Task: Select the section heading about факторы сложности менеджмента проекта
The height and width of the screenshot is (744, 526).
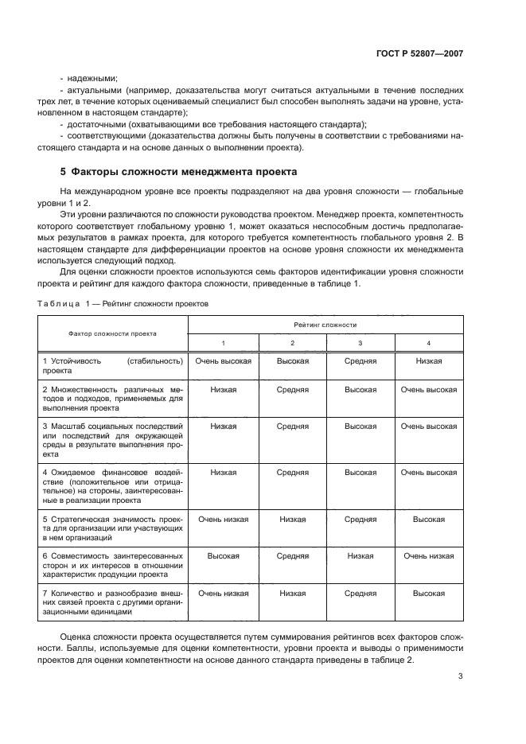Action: point(178,171)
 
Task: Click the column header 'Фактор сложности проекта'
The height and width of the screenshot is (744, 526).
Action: point(112,333)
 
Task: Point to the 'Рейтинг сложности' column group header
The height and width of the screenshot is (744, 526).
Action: point(325,325)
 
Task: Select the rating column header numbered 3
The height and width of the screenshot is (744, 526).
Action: point(360,343)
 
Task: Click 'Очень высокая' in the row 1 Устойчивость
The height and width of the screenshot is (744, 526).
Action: point(223,361)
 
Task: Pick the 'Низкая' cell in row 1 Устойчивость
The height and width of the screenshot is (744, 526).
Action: point(429,361)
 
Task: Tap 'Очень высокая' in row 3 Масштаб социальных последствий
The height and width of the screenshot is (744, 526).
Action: point(429,427)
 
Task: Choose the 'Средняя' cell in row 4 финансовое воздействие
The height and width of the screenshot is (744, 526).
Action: point(292,473)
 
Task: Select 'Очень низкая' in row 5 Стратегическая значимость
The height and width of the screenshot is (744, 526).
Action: point(223,519)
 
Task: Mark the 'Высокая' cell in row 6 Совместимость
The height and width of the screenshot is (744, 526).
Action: point(223,556)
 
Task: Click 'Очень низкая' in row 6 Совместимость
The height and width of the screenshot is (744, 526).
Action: point(429,556)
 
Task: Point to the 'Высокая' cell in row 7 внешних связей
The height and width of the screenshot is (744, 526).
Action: point(429,593)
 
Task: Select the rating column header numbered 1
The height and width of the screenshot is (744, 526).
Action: point(223,343)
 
